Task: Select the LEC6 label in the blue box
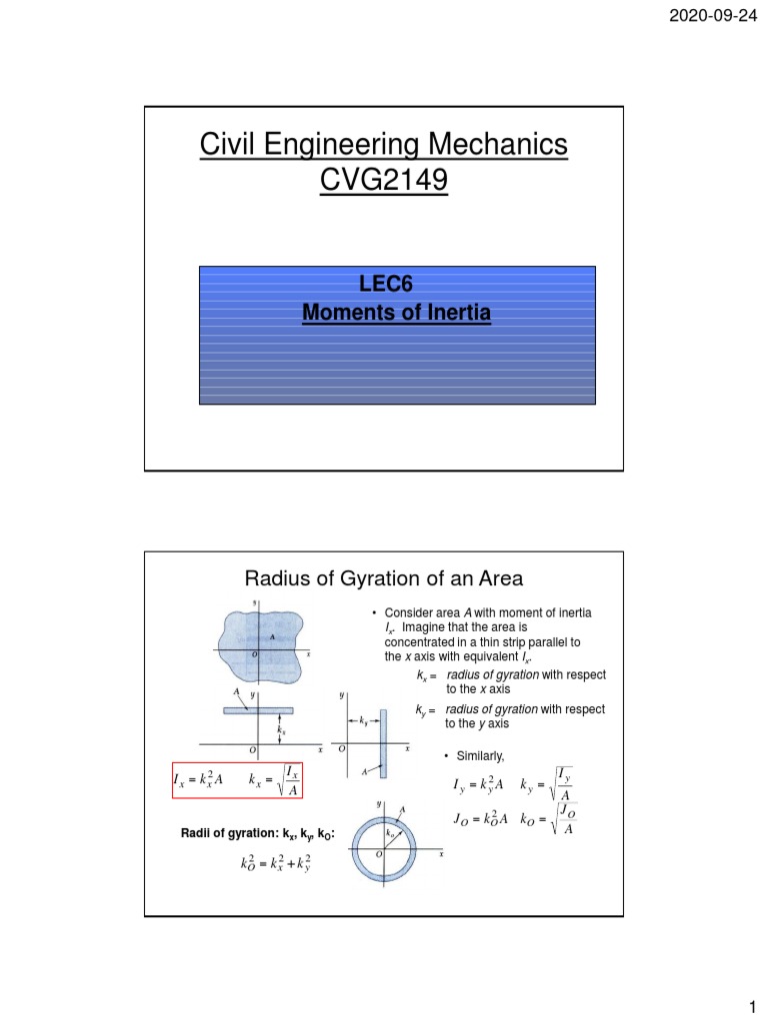[397, 289]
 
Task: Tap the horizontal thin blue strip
[258, 710]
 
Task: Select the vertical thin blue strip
[381, 740]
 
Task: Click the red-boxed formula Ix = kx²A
[196, 779]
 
